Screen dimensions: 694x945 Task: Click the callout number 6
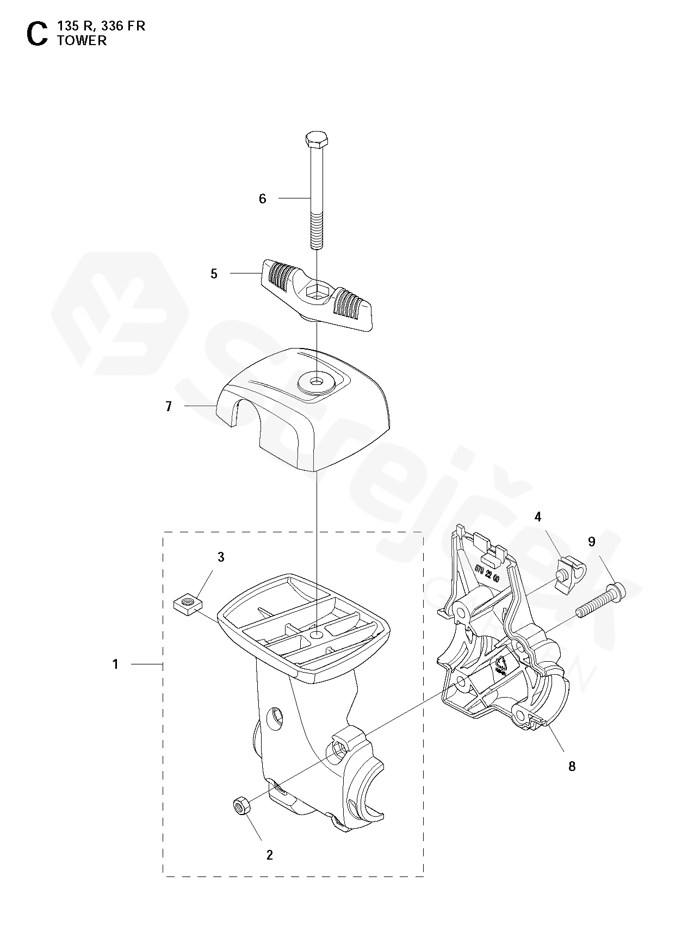click(263, 199)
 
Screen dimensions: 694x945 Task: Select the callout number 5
click(214, 273)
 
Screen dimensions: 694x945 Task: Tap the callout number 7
click(169, 406)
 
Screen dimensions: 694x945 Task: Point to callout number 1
click(115, 664)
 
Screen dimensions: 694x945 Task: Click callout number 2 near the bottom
click(269, 855)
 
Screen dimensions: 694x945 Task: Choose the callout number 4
click(538, 517)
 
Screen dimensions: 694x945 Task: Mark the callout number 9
click(592, 542)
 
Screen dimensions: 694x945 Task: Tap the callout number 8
click(572, 766)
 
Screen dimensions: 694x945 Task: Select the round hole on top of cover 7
click(316, 380)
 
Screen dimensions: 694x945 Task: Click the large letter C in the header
click(37, 33)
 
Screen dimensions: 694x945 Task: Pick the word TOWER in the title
click(82, 41)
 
